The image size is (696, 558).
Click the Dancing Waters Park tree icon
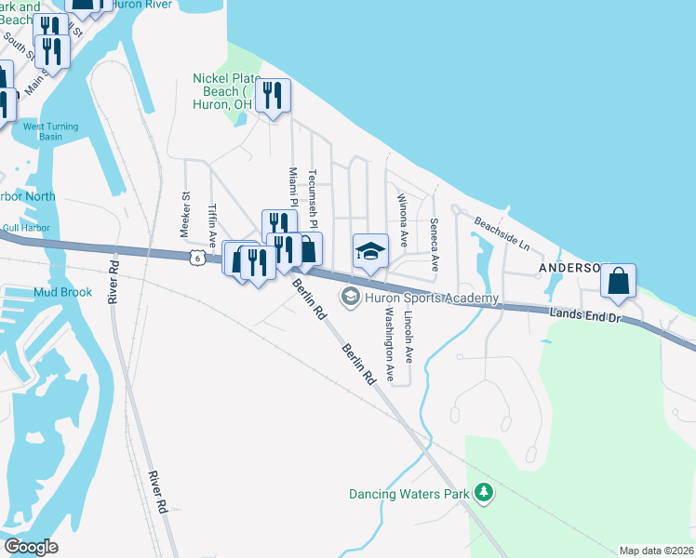click(483, 491)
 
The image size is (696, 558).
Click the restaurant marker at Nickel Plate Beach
click(273, 96)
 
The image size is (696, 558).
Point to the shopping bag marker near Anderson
click(618, 282)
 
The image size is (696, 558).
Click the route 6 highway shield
click(194, 259)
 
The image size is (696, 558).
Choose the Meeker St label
click(184, 213)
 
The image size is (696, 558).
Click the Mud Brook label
click(62, 292)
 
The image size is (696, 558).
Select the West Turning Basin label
click(51, 131)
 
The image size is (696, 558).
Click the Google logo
click(31, 546)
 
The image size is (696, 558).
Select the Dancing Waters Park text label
click(408, 494)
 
